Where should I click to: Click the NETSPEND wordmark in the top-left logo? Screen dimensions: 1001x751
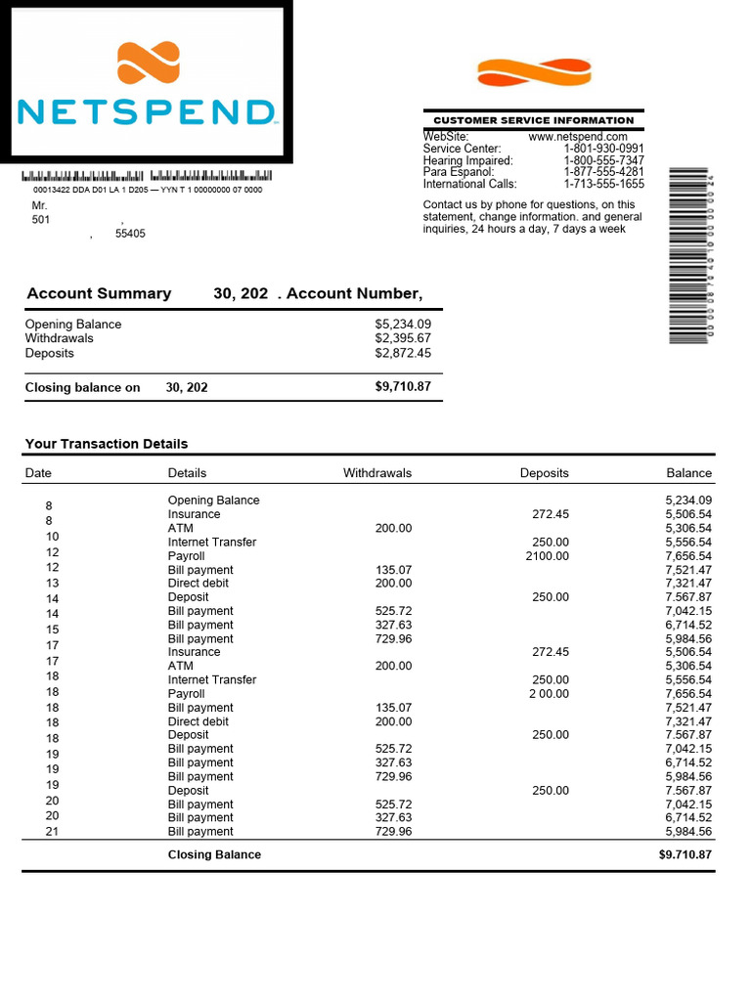pyautogui.click(x=146, y=111)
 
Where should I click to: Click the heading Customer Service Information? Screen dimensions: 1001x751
pyautogui.click(x=533, y=120)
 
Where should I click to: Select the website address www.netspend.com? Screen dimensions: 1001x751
pyautogui.click(x=577, y=137)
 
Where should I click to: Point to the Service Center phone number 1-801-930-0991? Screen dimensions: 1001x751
pyautogui.click(x=603, y=149)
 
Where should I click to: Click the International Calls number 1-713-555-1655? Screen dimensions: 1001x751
pyautogui.click(x=603, y=184)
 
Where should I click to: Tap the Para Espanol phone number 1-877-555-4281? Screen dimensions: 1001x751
pyautogui.click(x=603, y=172)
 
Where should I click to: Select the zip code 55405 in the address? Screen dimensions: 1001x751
pyautogui.click(x=130, y=235)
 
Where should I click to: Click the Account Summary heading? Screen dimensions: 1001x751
pyautogui.click(x=99, y=293)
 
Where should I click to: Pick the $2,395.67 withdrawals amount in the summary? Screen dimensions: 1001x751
pyautogui.click(x=402, y=338)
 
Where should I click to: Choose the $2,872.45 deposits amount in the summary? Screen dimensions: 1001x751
pyautogui.click(x=402, y=353)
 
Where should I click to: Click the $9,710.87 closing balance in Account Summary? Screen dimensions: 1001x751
pyautogui.click(x=402, y=387)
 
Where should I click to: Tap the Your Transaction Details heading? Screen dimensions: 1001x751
pyautogui.click(x=106, y=444)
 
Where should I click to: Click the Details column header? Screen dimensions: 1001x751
pyautogui.click(x=187, y=473)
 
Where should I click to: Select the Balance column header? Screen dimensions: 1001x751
pyautogui.click(x=688, y=473)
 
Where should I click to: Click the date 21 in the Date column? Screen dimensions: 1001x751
pyautogui.click(x=53, y=832)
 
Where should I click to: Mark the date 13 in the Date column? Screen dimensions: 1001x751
pyautogui.click(x=53, y=584)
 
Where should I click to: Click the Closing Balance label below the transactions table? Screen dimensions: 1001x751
pyautogui.click(x=214, y=854)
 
